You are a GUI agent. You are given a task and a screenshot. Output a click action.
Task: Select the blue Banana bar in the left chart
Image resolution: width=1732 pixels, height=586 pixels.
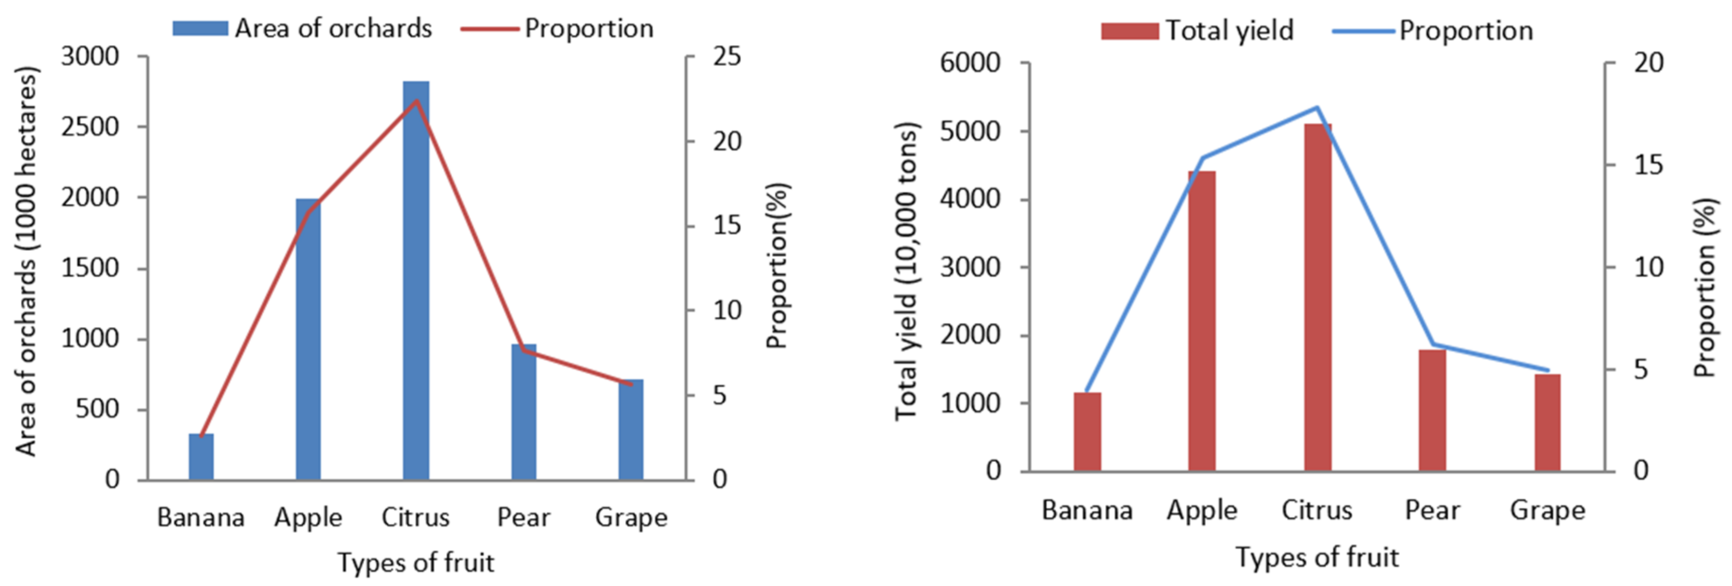(201, 457)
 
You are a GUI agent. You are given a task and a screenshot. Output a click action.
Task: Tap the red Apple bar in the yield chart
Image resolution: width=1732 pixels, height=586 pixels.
(1201, 323)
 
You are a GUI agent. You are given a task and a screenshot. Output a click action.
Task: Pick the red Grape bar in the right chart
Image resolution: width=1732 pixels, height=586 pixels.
(1547, 423)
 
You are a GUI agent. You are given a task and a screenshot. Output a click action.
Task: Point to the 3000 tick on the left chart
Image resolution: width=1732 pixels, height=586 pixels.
(90, 57)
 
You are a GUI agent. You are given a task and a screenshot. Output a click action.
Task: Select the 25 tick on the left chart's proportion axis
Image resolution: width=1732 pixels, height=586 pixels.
(727, 57)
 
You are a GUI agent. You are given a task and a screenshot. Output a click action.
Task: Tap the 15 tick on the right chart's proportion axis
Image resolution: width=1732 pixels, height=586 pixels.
(1648, 165)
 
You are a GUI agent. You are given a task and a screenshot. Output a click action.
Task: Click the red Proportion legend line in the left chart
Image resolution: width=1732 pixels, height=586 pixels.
(490, 29)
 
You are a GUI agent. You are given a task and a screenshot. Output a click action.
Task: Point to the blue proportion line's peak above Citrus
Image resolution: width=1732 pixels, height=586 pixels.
(1317, 107)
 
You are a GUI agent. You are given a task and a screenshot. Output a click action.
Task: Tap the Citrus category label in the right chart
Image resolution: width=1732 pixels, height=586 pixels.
(1317, 511)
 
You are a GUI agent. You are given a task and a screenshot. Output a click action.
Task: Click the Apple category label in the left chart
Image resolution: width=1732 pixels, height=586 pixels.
(308, 517)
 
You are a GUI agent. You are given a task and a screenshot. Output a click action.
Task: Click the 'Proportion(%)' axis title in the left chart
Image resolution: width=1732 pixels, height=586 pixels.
(777, 265)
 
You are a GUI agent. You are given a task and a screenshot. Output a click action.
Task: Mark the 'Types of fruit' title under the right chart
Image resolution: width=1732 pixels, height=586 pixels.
(1317, 558)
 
